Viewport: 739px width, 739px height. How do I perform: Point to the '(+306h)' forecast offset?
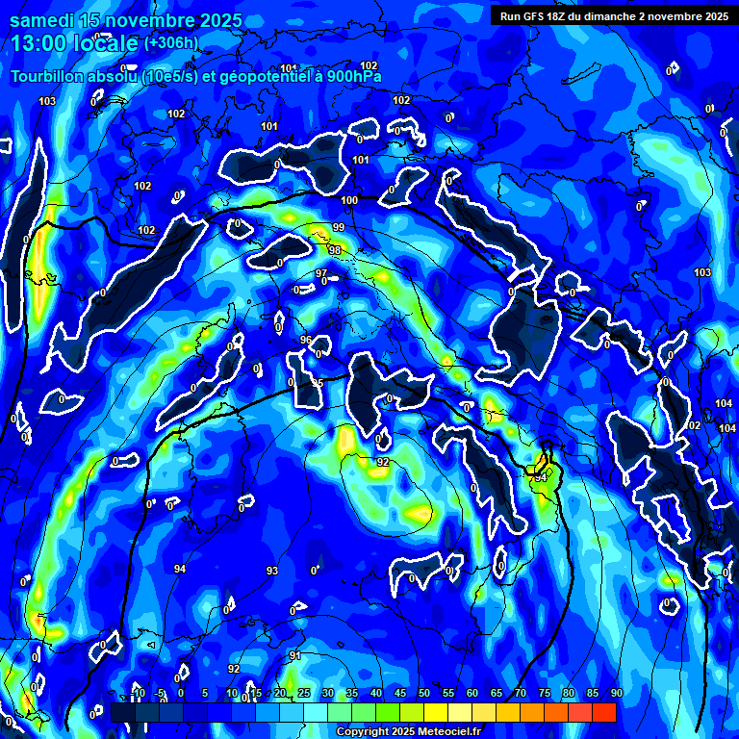[171, 42]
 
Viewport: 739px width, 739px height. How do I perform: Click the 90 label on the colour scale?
[616, 693]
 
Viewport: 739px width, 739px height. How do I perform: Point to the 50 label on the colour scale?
[424, 693]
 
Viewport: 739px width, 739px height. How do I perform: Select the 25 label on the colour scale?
[304, 693]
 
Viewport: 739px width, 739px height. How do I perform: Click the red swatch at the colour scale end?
[603, 712]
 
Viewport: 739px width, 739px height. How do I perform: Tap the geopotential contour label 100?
[349, 200]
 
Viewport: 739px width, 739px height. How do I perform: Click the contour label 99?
[338, 227]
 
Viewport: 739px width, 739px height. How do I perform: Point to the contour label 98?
[334, 250]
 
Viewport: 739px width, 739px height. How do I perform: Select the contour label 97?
[321, 273]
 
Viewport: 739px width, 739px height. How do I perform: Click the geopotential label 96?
[306, 340]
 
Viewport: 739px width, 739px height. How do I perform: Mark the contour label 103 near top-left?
[47, 101]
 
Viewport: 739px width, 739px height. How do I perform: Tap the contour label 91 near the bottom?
[294, 655]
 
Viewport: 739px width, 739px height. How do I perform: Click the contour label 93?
[272, 571]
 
